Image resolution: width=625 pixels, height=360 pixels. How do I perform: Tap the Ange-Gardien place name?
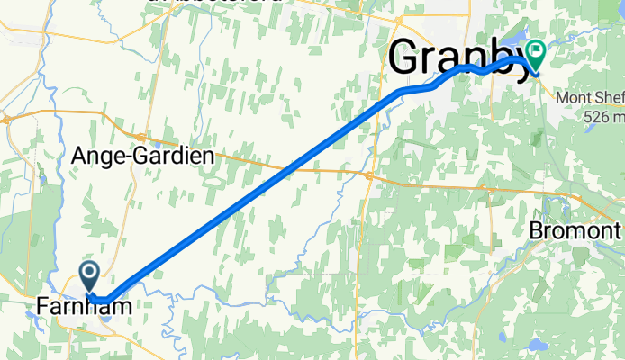[x=143, y=156]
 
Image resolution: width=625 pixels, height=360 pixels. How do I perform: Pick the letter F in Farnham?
[x=43, y=308]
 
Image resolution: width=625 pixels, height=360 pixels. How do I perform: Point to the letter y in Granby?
[x=518, y=63]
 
